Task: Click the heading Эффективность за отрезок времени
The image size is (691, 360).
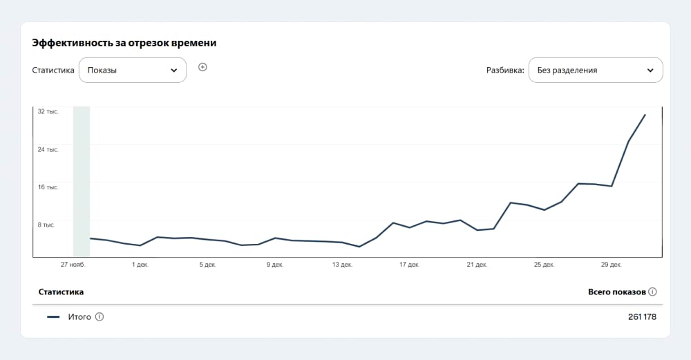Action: point(124,43)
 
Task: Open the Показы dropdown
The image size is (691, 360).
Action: point(133,70)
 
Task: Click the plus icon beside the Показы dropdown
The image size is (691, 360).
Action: point(202,67)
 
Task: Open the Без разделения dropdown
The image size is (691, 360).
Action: point(596,70)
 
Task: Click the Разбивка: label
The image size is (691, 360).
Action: point(506,70)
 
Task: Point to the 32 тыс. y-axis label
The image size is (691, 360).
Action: point(48,112)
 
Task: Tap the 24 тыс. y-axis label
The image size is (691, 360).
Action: point(48,150)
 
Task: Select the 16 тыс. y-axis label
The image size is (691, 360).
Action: point(48,187)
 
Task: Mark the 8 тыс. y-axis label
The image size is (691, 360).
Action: point(46,225)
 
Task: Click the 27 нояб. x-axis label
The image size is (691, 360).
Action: point(73,265)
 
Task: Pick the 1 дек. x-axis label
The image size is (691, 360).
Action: point(140,265)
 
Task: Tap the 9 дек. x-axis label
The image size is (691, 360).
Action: point(275,265)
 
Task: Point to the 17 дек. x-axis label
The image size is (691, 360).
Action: point(409,265)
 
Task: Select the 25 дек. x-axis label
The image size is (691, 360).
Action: point(544,265)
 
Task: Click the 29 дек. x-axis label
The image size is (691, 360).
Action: point(612,265)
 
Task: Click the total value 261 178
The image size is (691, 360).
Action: point(642,317)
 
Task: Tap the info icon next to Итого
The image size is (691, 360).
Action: point(100,317)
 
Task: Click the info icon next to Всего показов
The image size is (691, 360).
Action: point(653,292)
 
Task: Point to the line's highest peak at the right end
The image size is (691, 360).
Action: point(645,115)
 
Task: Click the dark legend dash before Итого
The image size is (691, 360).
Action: point(53,317)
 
